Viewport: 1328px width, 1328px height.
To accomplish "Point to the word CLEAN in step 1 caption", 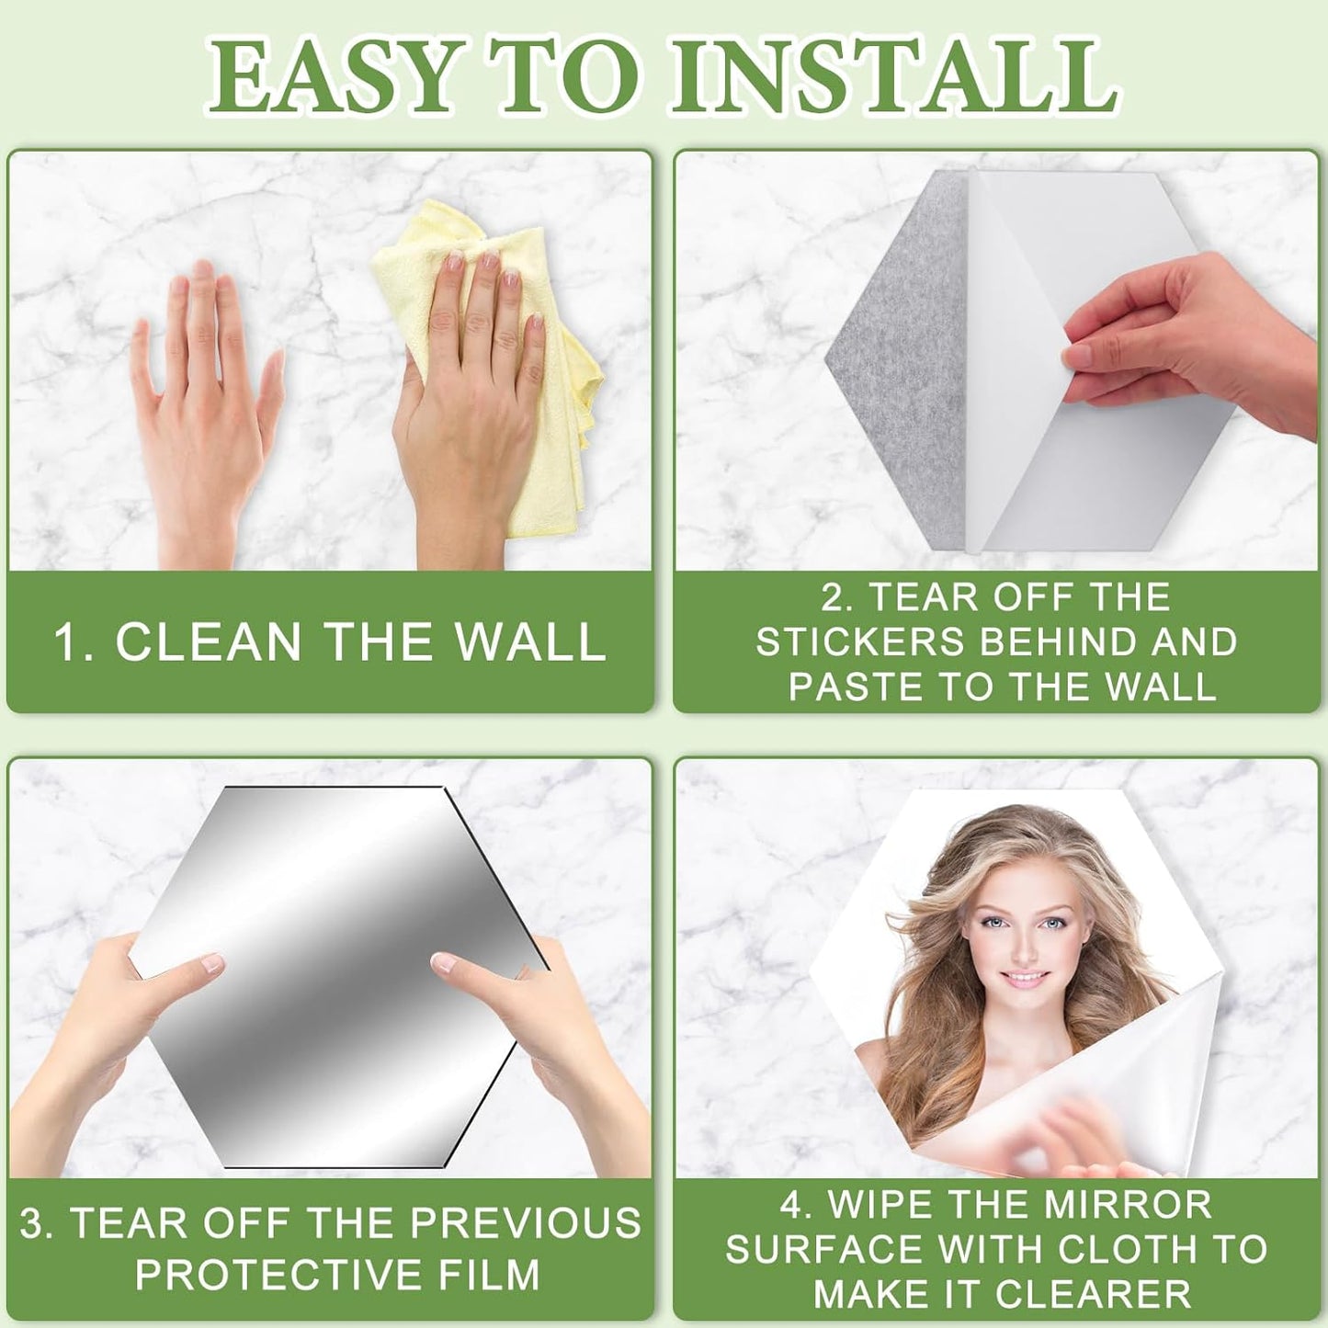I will (x=209, y=641).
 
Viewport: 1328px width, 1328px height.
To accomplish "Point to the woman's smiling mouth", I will (x=1024, y=980).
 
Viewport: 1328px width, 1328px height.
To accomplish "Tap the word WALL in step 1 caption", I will (x=530, y=641).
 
